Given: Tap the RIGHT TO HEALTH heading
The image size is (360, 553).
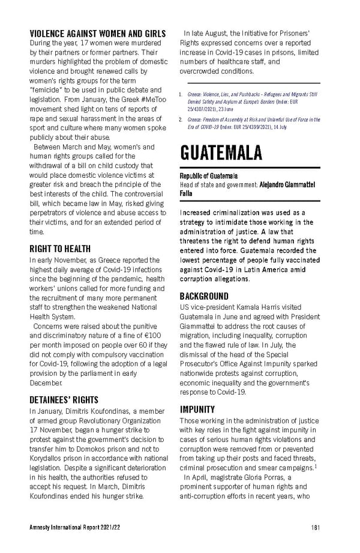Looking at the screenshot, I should (x=60, y=249).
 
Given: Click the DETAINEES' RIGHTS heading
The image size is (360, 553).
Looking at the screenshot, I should (x=64, y=400).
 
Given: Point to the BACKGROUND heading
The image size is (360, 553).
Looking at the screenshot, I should (x=204, y=296).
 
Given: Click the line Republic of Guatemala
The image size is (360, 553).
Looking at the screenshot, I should (x=209, y=175).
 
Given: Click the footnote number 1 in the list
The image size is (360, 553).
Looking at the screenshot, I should (x=182, y=94).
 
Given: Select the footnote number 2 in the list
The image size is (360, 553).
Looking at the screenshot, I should (x=182, y=119).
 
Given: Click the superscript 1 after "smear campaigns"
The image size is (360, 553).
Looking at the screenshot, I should (x=317, y=465).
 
